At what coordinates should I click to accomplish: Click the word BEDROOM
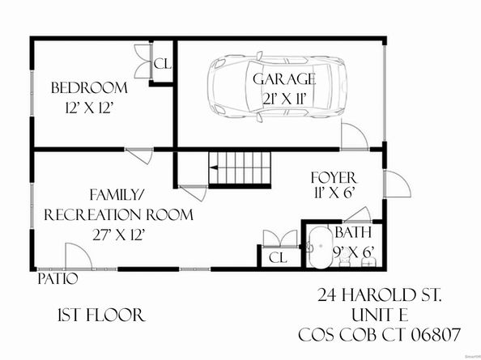tap(89, 87)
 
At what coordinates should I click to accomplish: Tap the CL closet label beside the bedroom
tap(162, 64)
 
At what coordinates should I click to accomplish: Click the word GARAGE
tap(283, 78)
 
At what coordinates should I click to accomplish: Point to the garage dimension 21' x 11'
tap(283, 97)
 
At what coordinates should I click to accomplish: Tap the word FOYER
tap(334, 177)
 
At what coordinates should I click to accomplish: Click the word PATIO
tap(57, 280)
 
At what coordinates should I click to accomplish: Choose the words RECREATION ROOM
tap(119, 215)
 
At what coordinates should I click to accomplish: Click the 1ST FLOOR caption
tap(100, 315)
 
